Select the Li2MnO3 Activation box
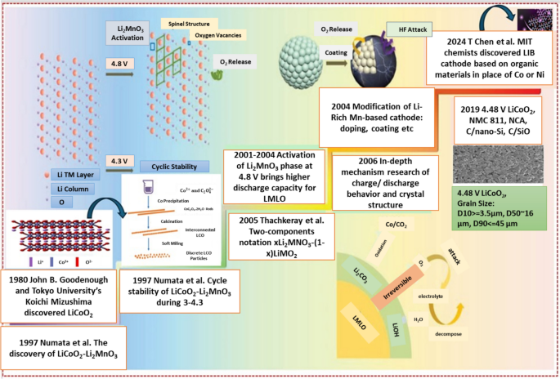pos(132,33)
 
